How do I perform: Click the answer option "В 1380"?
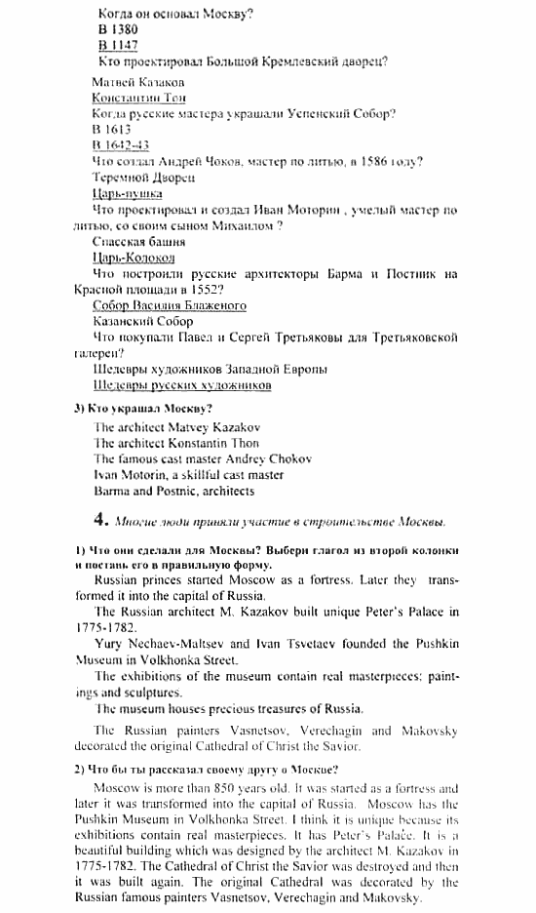118,30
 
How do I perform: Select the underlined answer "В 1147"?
118,46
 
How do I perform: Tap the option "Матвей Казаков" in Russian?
137,83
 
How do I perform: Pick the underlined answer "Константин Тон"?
138,99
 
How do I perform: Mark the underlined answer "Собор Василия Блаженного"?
170,305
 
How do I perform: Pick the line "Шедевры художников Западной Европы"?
210,370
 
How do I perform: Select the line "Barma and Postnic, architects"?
173,491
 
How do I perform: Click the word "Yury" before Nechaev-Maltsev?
110,644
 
